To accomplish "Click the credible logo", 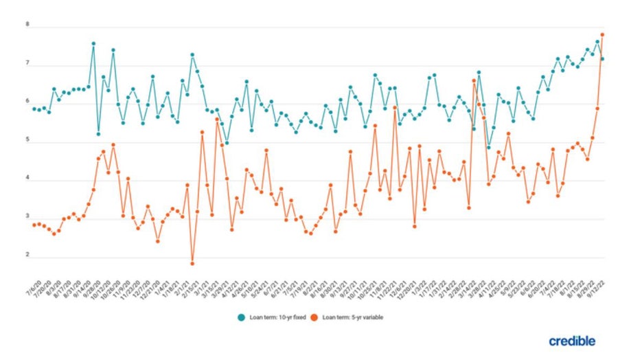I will (x=572, y=341).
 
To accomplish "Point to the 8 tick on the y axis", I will (x=27, y=25).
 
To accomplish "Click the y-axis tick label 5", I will (x=27, y=141).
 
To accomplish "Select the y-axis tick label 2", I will (x=27, y=256).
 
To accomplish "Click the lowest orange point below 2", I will (x=192, y=263).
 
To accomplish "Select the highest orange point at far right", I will (x=602, y=34).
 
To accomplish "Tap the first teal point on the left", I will (x=34, y=109).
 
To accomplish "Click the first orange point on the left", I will (x=34, y=225).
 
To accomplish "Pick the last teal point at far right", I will (x=602, y=59).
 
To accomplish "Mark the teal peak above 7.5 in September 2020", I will (x=93, y=43).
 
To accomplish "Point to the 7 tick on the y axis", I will (x=27, y=63).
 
